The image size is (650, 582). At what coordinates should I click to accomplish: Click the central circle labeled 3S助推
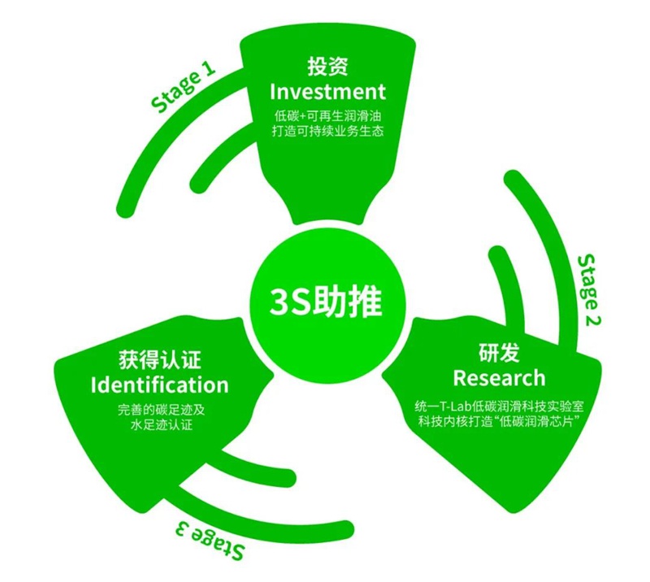[x=327, y=302]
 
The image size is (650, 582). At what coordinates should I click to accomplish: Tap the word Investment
[x=327, y=91]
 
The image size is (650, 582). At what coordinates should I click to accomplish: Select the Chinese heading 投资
[x=327, y=67]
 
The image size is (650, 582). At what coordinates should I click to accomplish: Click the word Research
[x=499, y=377]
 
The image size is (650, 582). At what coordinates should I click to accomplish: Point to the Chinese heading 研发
[x=499, y=353]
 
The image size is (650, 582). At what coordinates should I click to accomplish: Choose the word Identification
[x=159, y=384]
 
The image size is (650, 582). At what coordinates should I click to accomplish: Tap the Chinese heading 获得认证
[x=159, y=360]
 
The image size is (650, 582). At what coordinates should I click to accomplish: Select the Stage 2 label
[x=589, y=290]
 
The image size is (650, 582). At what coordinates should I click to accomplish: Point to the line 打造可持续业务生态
[x=327, y=131]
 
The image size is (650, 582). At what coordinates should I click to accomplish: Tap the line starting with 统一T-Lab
[x=499, y=406]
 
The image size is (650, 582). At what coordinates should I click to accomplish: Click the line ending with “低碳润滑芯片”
[x=499, y=422]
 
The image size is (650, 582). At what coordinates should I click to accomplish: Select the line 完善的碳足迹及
[x=161, y=410]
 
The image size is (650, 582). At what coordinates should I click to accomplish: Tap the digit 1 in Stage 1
[x=209, y=68]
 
